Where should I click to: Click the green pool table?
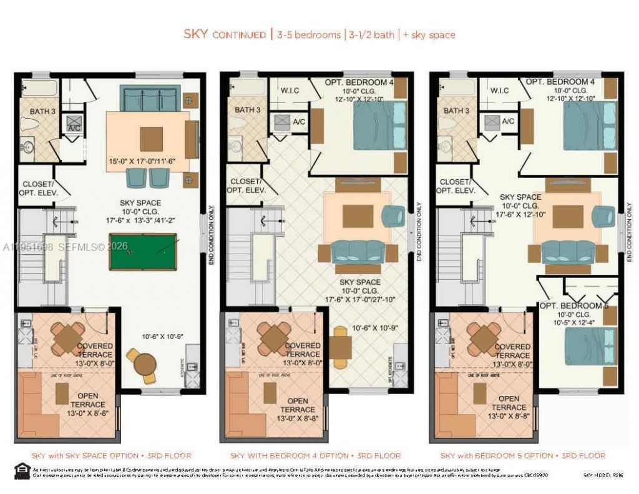(x=143, y=252)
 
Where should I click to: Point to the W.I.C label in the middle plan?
(x=290, y=91)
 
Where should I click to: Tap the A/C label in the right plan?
(x=508, y=121)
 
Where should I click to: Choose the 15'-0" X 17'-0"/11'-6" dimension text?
(x=142, y=161)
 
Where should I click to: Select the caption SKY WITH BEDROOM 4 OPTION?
(x=315, y=456)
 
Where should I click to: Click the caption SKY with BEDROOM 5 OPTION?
(x=522, y=456)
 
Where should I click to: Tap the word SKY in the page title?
(x=195, y=34)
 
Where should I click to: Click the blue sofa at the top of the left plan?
(x=150, y=98)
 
